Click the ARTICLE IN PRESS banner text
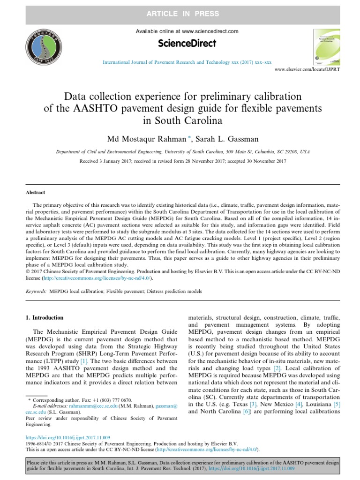(180, 12)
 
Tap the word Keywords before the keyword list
(36, 291)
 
